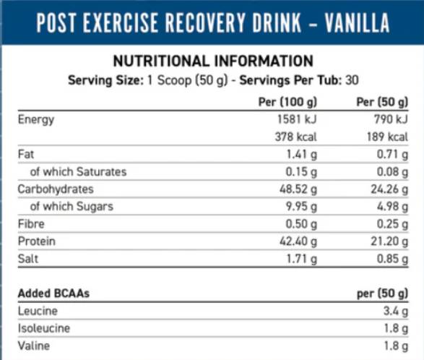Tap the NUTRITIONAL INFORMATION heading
pyautogui.click(x=212, y=61)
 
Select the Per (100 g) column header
pyautogui.click(x=288, y=101)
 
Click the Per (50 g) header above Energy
pyautogui.click(x=383, y=101)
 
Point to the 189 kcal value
pyautogui.click(x=388, y=137)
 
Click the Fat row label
pyautogui.click(x=26, y=154)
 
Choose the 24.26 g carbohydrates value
pyautogui.click(x=386, y=189)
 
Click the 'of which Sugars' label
pyautogui.click(x=72, y=206)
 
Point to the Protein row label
pyautogui.click(x=36, y=241)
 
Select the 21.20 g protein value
pyautogui.click(x=386, y=241)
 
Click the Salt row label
pyautogui.click(x=28, y=258)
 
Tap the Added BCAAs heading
pyautogui.click(x=53, y=293)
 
